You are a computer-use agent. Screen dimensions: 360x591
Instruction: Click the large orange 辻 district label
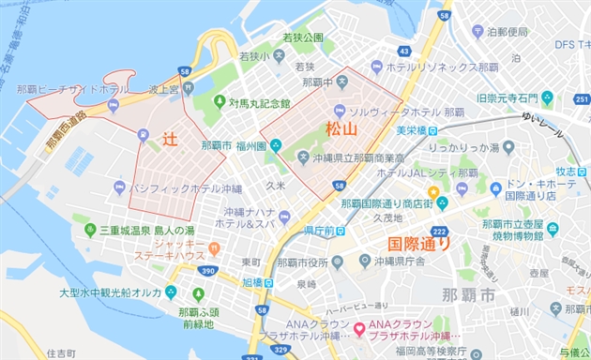[170, 137]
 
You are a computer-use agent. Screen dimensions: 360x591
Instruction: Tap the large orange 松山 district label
[341, 128]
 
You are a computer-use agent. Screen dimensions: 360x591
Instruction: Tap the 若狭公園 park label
[302, 37]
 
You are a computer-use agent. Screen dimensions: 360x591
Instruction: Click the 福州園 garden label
[253, 145]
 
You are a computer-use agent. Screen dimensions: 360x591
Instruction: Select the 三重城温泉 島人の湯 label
[144, 230]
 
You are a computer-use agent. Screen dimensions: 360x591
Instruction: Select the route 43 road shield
[403, 51]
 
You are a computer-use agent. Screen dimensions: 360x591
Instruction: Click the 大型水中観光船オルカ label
[111, 292]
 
